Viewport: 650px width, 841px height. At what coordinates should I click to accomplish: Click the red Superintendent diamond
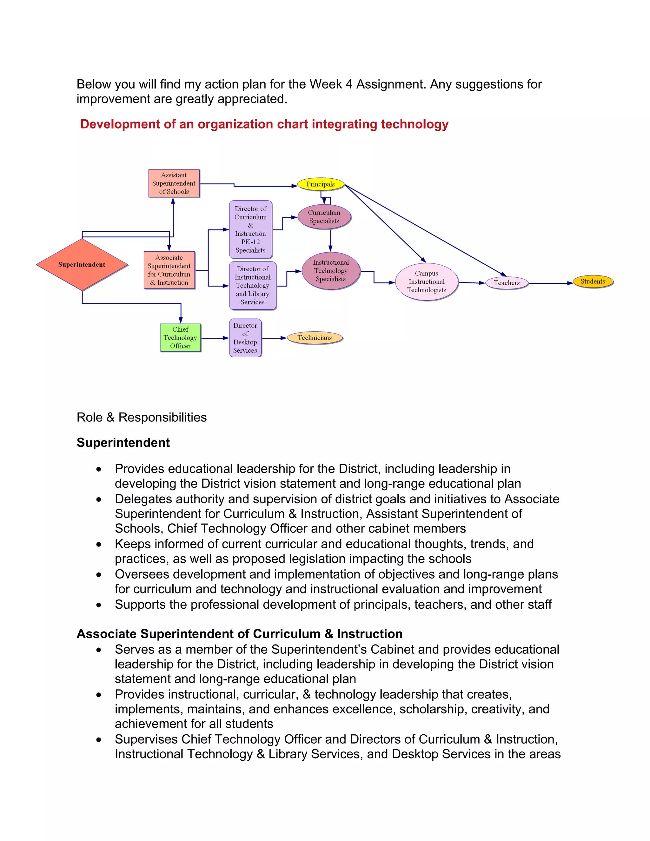[x=82, y=265]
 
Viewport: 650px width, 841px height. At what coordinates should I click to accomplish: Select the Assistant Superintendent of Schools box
[x=174, y=183]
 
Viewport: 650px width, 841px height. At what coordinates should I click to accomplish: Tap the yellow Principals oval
[x=320, y=184]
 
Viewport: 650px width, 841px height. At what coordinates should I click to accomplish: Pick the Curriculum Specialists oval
[x=324, y=217]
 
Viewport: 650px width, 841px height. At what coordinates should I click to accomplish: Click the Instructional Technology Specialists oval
[x=331, y=271]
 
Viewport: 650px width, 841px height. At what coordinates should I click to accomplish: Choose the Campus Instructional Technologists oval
[x=427, y=282]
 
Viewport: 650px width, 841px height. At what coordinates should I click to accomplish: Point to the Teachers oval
[x=507, y=283]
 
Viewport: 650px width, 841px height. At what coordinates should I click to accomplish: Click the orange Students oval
[x=593, y=281]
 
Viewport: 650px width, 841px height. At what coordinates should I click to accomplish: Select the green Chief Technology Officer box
[x=180, y=338]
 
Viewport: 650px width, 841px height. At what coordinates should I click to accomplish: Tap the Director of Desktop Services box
[x=245, y=338]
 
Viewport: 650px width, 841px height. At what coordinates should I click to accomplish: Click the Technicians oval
[x=315, y=338]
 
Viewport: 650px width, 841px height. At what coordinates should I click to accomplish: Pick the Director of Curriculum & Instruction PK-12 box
[x=251, y=229]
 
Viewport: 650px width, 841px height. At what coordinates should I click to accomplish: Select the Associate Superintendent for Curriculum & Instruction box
[x=169, y=270]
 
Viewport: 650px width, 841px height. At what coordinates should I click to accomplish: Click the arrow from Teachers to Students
[x=551, y=283]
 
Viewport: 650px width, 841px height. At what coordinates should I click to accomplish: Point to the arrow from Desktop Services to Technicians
[x=274, y=338]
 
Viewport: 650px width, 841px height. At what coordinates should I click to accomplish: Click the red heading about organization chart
[x=264, y=124]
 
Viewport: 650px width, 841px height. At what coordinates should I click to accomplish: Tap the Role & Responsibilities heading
[x=142, y=417]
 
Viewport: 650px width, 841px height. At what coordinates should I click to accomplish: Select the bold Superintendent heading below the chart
[x=123, y=443]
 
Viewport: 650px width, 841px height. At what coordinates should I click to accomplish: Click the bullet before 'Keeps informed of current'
[x=99, y=545]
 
